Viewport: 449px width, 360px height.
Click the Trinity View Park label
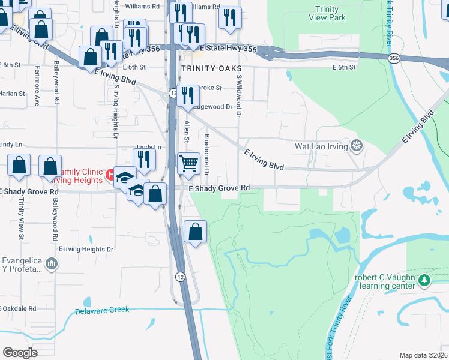click(x=330, y=13)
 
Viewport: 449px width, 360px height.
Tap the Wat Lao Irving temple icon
click(x=357, y=146)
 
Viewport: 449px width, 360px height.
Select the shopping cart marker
click(x=188, y=163)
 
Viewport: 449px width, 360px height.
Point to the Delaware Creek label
click(x=102, y=311)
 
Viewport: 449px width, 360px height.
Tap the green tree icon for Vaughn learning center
click(x=424, y=280)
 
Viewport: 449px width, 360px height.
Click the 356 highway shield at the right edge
click(x=394, y=58)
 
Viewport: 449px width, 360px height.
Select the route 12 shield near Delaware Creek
click(x=179, y=276)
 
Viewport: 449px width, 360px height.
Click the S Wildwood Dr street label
click(x=239, y=95)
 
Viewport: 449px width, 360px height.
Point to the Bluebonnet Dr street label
click(x=206, y=155)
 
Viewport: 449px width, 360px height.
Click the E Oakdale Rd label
click(x=18, y=308)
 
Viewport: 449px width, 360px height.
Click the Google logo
click(x=20, y=352)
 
